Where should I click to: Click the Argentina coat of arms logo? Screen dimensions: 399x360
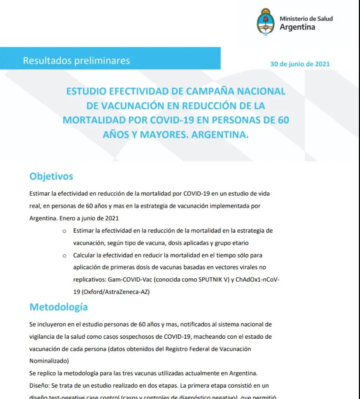[x=266, y=22]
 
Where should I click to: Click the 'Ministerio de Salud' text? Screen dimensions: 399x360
[x=306, y=19]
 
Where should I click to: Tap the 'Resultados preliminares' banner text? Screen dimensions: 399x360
[x=76, y=60]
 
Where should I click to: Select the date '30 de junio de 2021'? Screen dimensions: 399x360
[x=300, y=64]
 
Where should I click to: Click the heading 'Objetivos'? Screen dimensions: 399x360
[x=51, y=176]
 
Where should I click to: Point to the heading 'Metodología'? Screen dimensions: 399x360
[x=59, y=307]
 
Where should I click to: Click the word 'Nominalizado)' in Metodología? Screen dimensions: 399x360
[x=48, y=361]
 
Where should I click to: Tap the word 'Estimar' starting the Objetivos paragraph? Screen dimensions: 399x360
[x=39, y=193]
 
